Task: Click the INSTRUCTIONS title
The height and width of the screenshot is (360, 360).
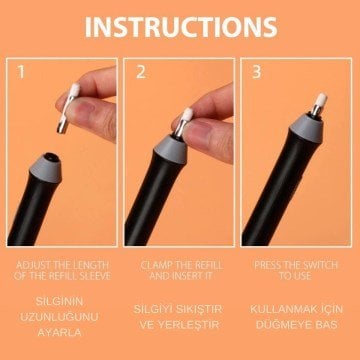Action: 181,27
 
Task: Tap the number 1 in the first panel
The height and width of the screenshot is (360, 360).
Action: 21,72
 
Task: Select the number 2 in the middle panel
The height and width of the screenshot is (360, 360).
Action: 141,72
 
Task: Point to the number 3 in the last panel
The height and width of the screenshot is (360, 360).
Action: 256,72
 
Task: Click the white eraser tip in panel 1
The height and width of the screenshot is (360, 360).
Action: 74,90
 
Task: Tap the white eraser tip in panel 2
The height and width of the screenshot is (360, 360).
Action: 188,114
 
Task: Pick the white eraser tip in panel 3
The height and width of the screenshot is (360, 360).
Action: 321,99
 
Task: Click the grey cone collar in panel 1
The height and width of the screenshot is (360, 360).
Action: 46,168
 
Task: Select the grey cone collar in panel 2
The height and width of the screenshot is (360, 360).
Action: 170,149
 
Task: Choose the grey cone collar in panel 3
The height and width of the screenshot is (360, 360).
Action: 307,127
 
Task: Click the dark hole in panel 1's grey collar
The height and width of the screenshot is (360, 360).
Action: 50,156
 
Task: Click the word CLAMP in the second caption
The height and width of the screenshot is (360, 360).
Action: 155,266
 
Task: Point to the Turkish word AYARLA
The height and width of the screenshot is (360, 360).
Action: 59,333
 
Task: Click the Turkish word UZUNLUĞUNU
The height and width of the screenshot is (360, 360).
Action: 59,317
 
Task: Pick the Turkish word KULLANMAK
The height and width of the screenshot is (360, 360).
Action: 280,309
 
